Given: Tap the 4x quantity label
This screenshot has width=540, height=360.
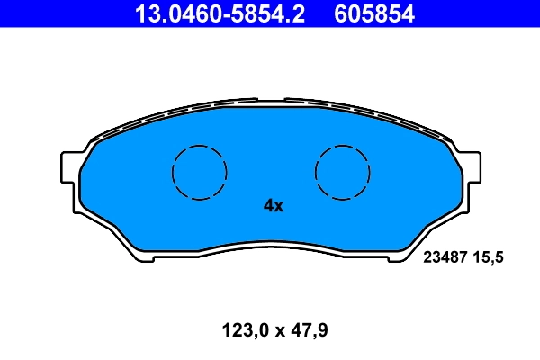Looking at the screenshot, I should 273,206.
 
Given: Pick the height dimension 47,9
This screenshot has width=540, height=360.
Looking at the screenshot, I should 309,330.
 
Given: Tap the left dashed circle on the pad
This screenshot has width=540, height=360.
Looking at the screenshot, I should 199,172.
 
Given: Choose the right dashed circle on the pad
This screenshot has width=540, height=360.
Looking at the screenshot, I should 343,172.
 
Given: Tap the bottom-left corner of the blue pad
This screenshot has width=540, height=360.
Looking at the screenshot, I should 135,255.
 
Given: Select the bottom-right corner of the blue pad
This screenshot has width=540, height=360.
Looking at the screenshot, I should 407,255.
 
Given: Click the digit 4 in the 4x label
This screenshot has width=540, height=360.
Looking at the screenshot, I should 268,206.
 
